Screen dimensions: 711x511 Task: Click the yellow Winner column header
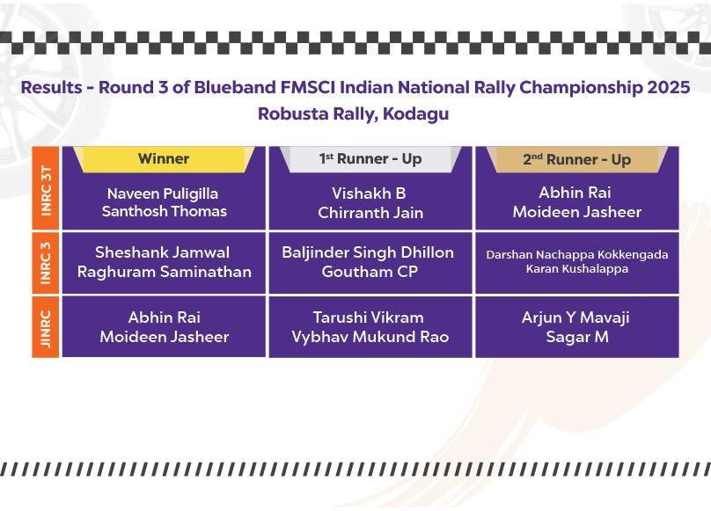pyautogui.click(x=164, y=158)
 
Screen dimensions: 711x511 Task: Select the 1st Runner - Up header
pyautogui.click(x=370, y=158)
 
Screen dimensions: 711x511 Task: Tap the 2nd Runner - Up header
pyautogui.click(x=576, y=159)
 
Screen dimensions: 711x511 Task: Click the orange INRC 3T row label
pyautogui.click(x=46, y=188)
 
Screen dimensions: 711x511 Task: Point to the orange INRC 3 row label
pyautogui.click(x=46, y=263)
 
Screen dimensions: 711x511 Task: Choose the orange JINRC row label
pyautogui.click(x=46, y=327)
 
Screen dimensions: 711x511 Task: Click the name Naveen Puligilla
pyautogui.click(x=163, y=194)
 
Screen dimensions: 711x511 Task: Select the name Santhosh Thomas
pyautogui.click(x=165, y=211)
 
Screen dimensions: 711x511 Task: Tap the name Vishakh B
pyautogui.click(x=369, y=193)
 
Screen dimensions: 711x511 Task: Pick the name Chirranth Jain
pyautogui.click(x=370, y=213)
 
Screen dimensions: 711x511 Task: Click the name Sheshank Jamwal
pyautogui.click(x=162, y=252)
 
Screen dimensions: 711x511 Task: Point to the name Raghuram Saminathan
pyautogui.click(x=165, y=272)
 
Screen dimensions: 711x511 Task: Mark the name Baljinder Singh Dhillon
pyautogui.click(x=368, y=252)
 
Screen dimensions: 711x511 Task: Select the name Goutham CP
pyautogui.click(x=370, y=272)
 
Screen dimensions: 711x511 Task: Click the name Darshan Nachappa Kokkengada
pyautogui.click(x=576, y=255)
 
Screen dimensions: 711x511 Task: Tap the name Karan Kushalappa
pyautogui.click(x=576, y=269)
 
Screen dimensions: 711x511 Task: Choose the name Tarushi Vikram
pyautogui.click(x=368, y=318)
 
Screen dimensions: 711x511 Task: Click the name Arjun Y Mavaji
pyautogui.click(x=575, y=318)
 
